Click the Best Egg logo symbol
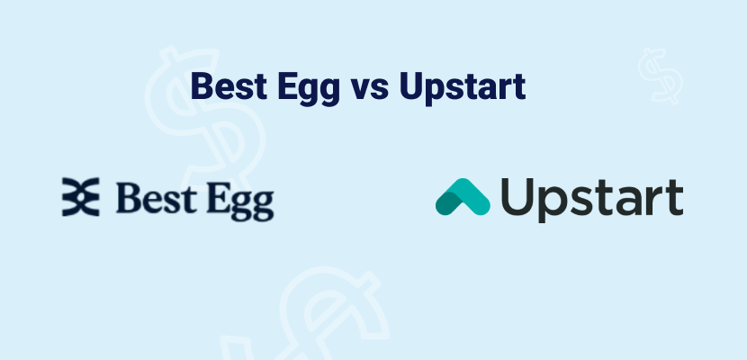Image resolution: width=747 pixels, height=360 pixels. pyautogui.click(x=79, y=197)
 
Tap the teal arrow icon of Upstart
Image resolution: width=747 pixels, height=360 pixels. pyautogui.click(x=463, y=197)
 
